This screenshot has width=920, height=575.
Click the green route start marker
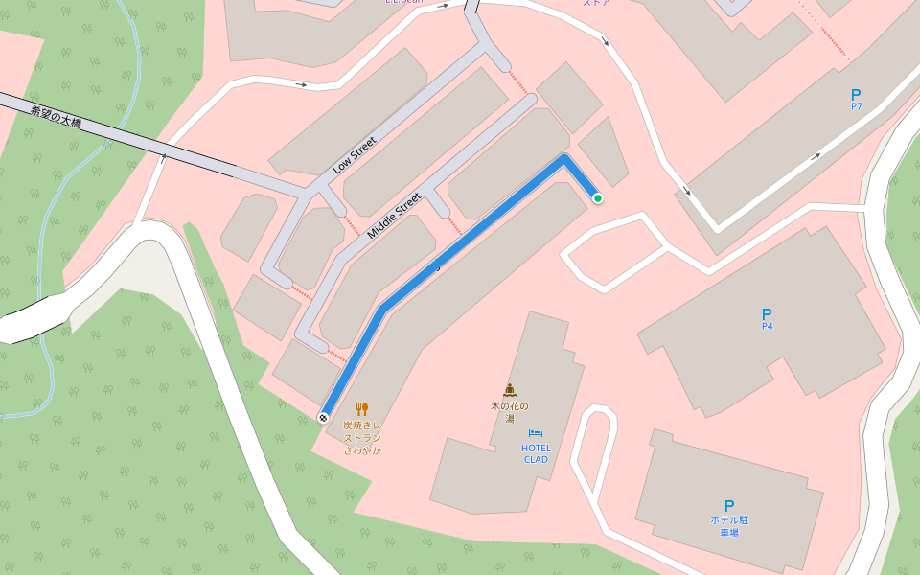point(598,198)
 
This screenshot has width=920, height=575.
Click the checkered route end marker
point(324,417)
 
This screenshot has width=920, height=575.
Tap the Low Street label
point(355,154)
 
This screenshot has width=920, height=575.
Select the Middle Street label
point(394,216)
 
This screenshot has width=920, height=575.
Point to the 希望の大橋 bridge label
point(56,117)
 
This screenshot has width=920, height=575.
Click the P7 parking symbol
point(856,94)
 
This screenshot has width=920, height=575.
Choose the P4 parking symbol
point(767,313)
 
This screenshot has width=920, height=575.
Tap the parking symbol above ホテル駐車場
point(729,505)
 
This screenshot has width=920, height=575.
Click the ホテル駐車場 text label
point(728,526)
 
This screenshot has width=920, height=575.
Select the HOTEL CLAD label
point(536,453)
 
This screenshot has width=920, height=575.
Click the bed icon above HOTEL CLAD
point(536,434)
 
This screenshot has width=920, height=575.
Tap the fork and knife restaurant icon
point(362,408)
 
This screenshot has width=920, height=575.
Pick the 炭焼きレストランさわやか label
point(362,437)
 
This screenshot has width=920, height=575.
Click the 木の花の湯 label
point(510,412)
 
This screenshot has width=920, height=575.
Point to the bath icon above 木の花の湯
point(510,390)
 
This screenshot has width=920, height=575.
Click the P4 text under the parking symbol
point(767,327)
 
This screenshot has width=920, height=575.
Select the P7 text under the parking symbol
point(856,106)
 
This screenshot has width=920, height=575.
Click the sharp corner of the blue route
point(565,159)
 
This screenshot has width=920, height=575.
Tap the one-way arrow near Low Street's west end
point(302,85)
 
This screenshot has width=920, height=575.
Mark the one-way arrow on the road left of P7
point(817,154)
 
